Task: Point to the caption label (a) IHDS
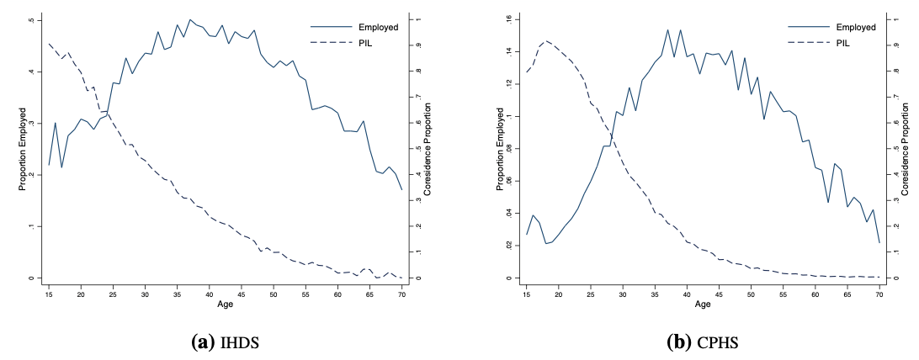(x=226, y=342)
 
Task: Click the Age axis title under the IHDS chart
(x=226, y=304)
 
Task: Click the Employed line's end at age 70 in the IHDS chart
(x=401, y=188)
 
